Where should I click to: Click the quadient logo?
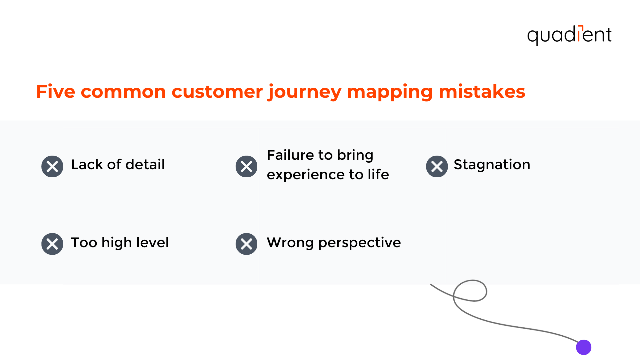(569, 35)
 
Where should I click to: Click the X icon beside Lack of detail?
(52, 166)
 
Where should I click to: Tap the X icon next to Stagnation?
(437, 166)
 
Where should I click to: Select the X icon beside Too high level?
(52, 244)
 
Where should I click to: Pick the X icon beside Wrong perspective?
(246, 244)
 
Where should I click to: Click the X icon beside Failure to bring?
(246, 166)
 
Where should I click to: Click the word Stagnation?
(492, 165)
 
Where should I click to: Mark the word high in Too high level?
(115, 243)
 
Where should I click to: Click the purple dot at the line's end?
(583, 347)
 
